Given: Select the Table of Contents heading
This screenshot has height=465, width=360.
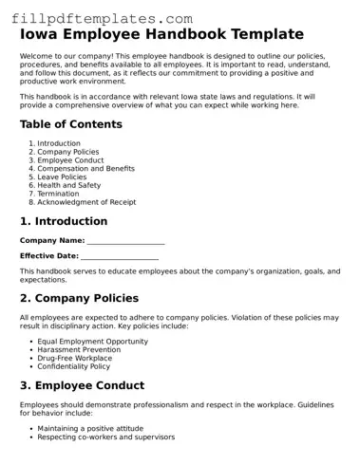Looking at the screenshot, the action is point(70,124).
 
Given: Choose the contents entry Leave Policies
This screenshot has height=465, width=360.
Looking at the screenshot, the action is point(65,177).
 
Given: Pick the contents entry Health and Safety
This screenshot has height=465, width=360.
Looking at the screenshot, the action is point(69,185).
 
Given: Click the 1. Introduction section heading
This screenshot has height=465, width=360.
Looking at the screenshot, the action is point(64,222).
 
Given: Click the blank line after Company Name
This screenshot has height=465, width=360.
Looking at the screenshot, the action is point(125,241).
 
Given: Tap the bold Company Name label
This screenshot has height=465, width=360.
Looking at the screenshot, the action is point(52,241).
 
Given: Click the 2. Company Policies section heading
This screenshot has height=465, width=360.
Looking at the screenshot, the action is point(79,299).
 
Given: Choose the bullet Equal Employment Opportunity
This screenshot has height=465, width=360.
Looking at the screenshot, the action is point(93,341).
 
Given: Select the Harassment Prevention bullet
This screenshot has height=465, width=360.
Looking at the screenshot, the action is point(78,349).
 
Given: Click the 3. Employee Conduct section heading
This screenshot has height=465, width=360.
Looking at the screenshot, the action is point(82,386).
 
